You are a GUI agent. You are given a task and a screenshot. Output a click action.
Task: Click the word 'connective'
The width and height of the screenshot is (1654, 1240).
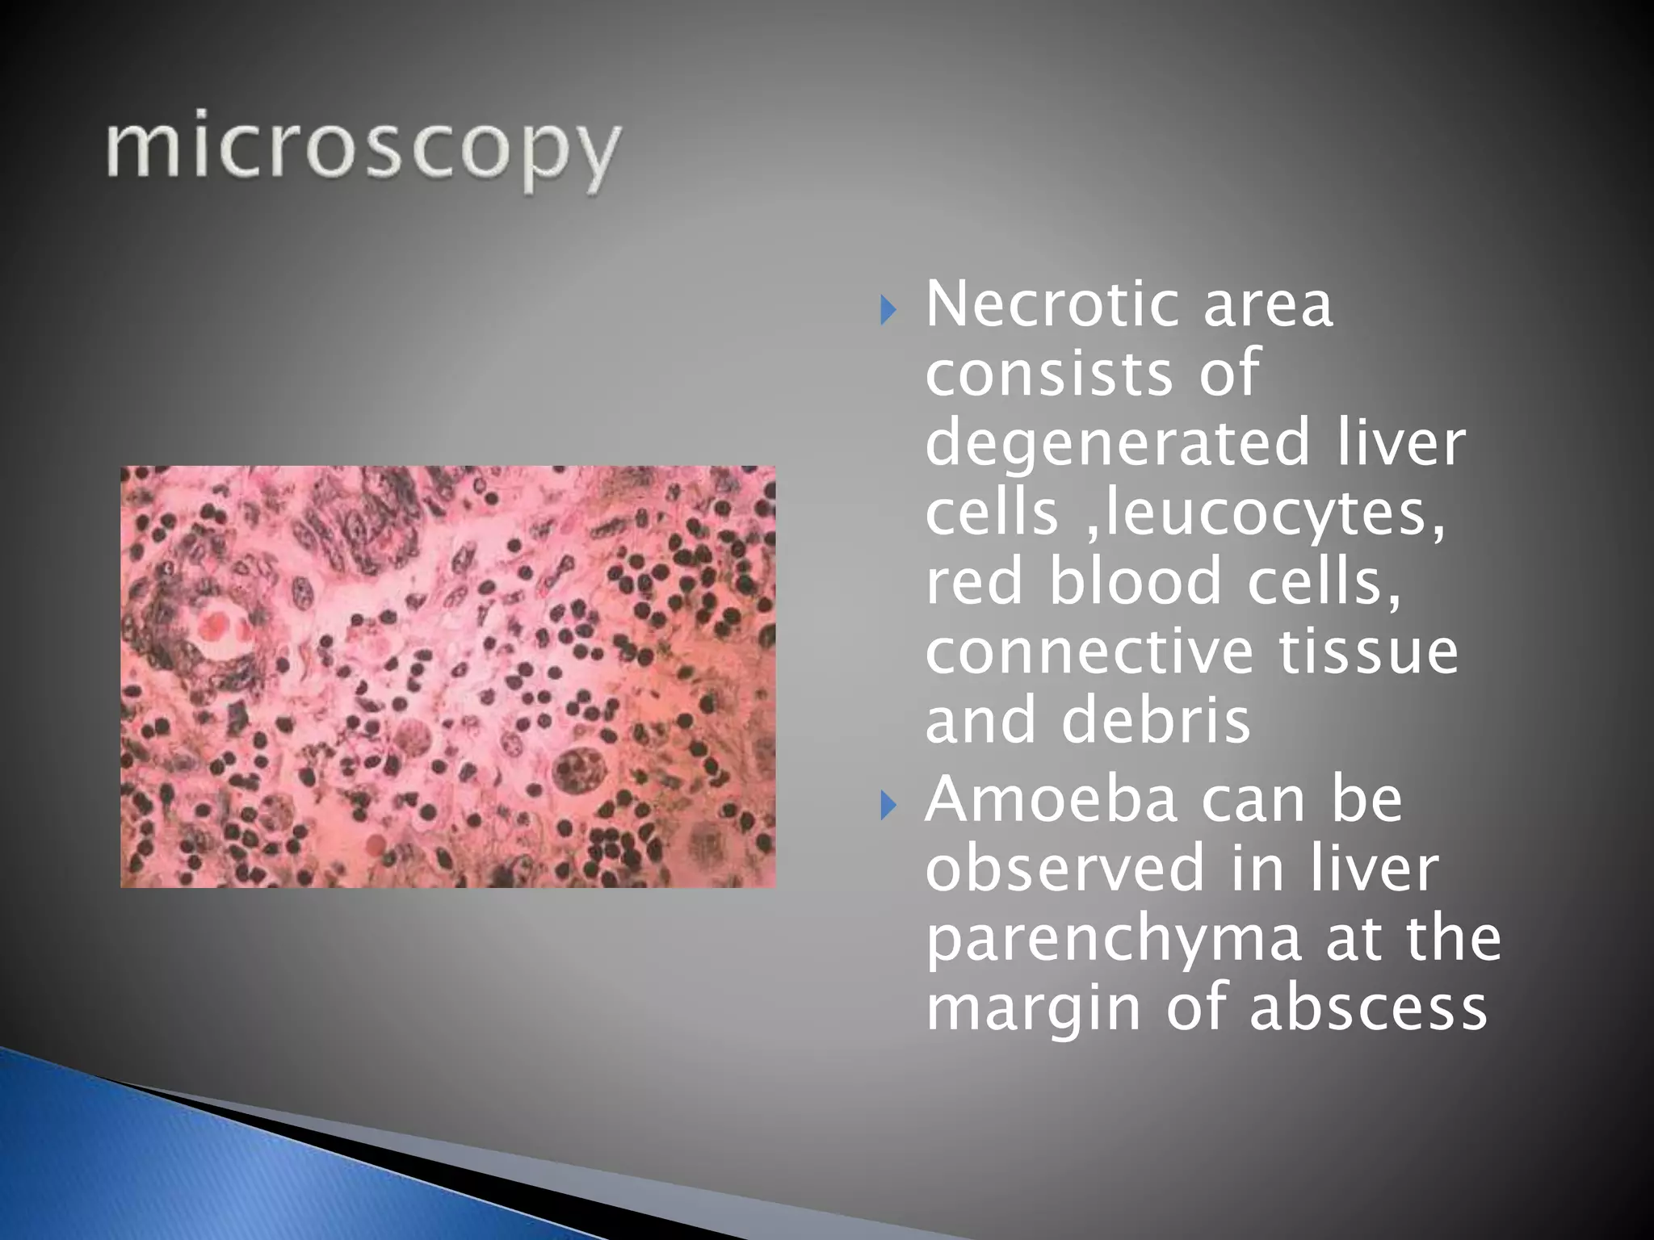1088,651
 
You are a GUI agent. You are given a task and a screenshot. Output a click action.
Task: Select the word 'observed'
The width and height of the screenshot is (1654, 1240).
1064,868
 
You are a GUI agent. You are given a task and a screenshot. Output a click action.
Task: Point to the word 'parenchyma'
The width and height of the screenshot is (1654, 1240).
1114,938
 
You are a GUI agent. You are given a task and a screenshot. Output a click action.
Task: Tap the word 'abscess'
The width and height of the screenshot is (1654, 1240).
1367,1007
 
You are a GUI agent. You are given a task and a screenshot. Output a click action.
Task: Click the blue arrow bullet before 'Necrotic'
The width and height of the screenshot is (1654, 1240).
888,309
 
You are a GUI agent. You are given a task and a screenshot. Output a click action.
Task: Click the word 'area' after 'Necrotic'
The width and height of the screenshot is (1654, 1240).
1269,304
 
